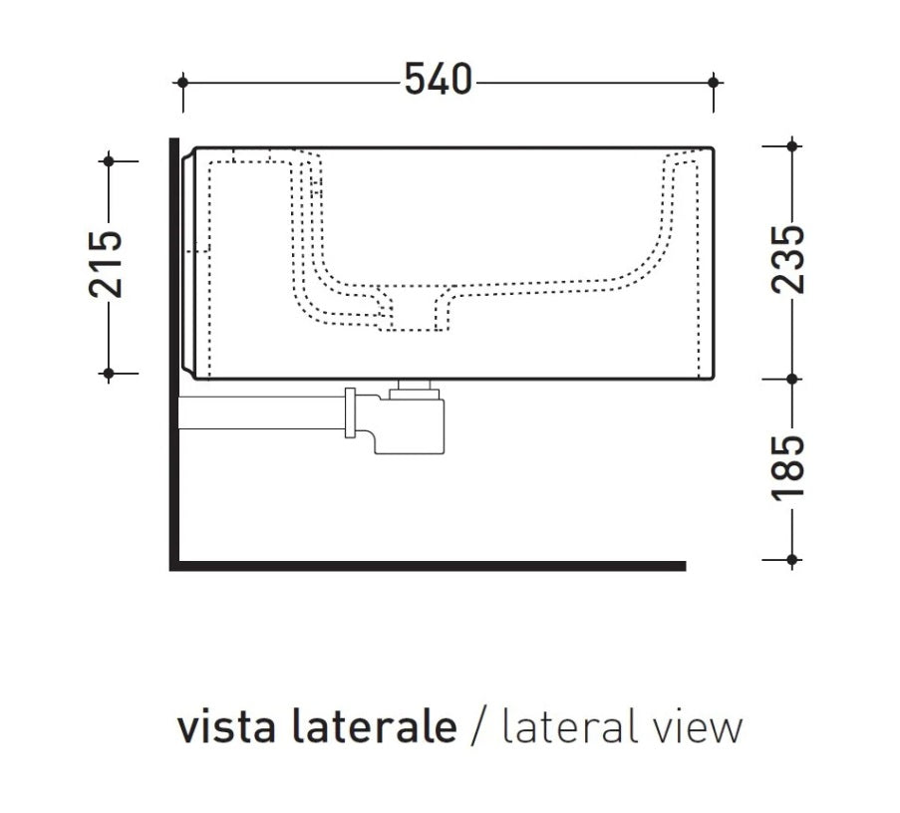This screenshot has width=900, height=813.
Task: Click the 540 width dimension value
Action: [x=438, y=80]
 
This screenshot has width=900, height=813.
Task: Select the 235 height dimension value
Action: [x=790, y=258]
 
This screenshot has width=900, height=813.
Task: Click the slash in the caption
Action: [x=479, y=727]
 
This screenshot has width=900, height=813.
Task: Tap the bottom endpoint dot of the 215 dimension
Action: [x=109, y=373]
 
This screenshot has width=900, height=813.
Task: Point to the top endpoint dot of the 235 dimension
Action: [x=791, y=146]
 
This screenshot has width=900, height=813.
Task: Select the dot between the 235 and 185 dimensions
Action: [x=791, y=379]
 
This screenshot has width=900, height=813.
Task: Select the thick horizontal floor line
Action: [x=429, y=566]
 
